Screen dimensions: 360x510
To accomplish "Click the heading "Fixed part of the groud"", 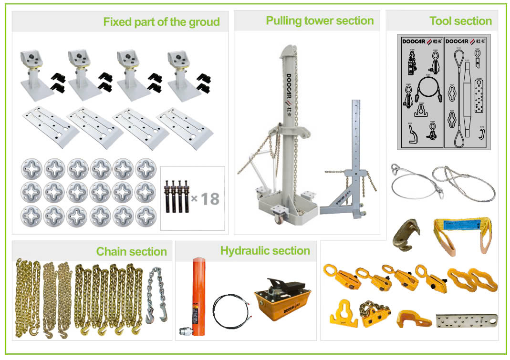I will [x=161, y=22].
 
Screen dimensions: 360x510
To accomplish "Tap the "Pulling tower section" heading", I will [x=320, y=21].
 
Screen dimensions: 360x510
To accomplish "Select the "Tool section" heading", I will [x=460, y=21].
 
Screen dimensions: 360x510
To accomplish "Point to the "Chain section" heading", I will [x=131, y=251].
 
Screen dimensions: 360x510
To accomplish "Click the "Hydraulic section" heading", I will [x=265, y=251].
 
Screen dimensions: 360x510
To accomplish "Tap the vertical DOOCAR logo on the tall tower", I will [x=291, y=91].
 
